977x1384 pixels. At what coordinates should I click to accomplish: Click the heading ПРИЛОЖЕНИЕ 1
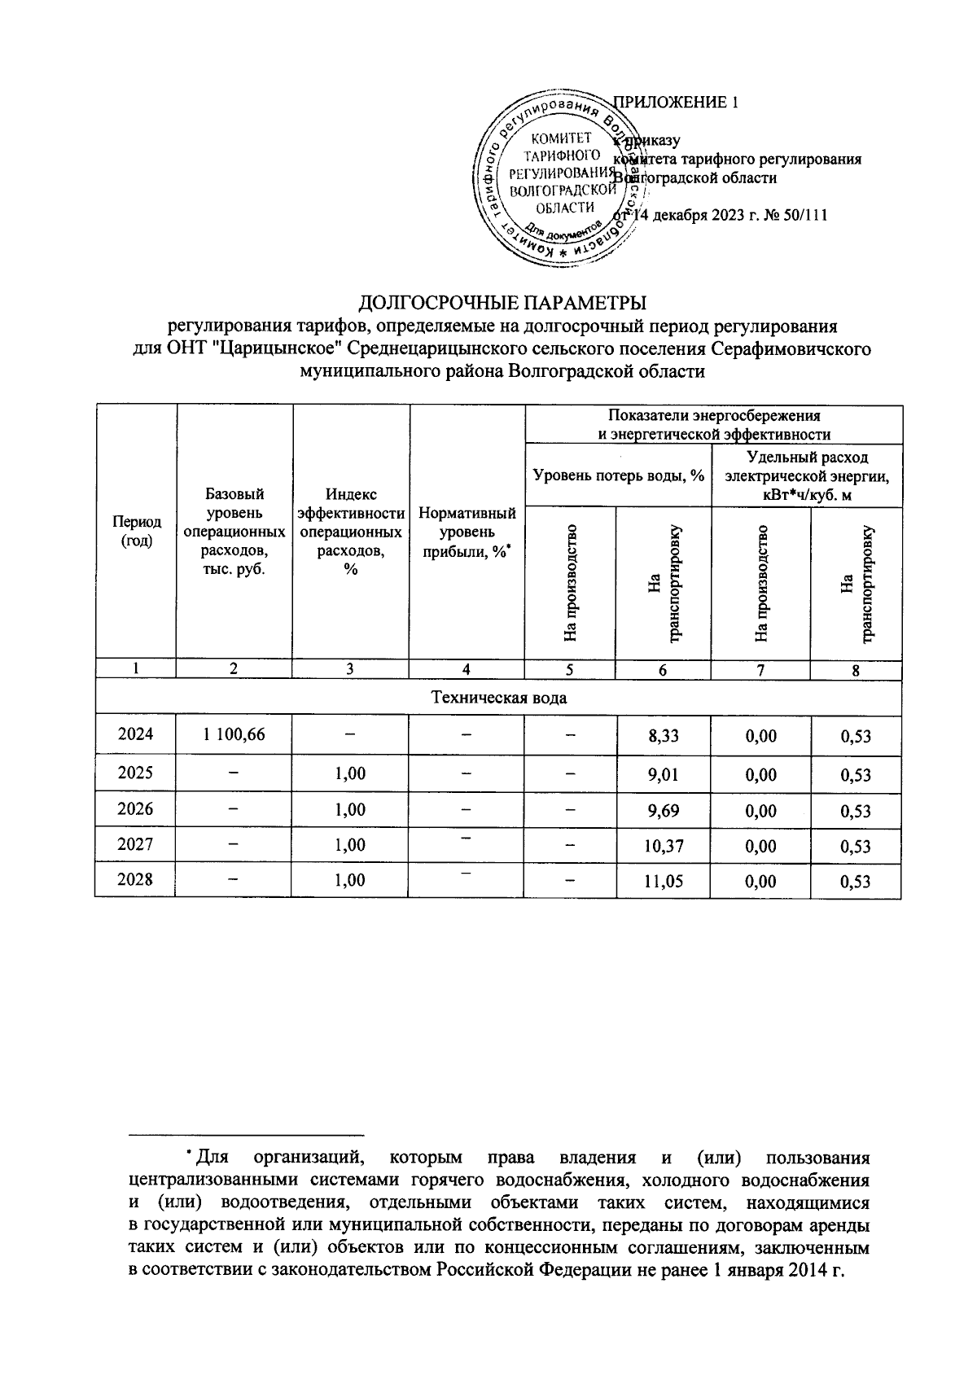[x=676, y=103]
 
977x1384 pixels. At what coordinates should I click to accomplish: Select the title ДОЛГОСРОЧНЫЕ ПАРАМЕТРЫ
[x=503, y=304]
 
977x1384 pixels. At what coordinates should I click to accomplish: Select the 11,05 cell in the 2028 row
[x=663, y=882]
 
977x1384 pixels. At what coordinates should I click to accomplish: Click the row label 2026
[x=135, y=808]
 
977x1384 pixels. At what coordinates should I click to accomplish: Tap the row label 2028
[x=135, y=880]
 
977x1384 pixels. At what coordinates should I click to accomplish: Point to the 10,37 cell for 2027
[x=663, y=846]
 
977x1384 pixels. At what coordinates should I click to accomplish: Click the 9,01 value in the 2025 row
[x=663, y=773]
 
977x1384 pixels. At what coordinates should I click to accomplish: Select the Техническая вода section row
[x=497, y=698]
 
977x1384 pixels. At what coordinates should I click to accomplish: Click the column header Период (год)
[x=135, y=532]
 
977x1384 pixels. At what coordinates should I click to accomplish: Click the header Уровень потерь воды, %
[x=618, y=475]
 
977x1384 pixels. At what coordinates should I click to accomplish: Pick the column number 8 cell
[x=856, y=670]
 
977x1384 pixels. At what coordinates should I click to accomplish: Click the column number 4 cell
[x=467, y=670]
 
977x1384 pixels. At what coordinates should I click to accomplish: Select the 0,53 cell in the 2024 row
[x=856, y=736]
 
